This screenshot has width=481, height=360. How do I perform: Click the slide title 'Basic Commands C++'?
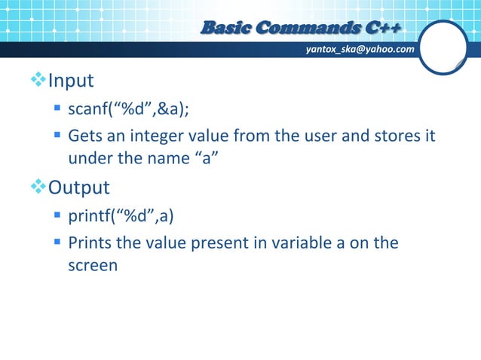[300, 29]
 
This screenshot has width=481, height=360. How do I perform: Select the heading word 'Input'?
[71, 80]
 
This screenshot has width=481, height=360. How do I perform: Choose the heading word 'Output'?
[79, 186]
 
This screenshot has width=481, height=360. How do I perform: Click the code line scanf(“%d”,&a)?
[129, 111]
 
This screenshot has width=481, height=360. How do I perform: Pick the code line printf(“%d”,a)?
[121, 217]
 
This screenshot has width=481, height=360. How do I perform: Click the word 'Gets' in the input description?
[84, 138]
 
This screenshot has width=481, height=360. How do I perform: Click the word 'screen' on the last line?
[93, 266]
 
